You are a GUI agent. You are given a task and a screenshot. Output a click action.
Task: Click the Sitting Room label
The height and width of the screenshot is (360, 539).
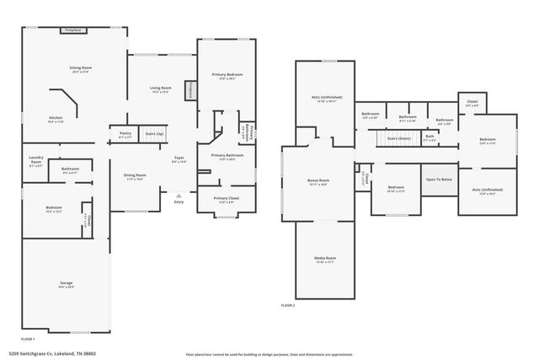pos(80,67)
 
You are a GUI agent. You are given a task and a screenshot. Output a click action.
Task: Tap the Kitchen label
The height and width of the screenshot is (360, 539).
pos(56,118)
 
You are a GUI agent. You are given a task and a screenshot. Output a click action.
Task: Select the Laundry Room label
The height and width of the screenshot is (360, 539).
pos(35,159)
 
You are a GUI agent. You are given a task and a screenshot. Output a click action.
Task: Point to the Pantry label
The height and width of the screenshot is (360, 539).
pos(125,133)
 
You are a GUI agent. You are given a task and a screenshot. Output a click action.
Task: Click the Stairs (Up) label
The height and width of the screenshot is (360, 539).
pos(155,133)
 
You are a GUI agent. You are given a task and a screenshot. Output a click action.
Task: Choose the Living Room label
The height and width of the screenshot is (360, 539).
pos(161,88)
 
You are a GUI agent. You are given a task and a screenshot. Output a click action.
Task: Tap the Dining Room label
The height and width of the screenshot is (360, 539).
pos(136,175)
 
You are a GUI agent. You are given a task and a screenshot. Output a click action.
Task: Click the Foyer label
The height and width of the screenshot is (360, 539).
pos(179,158)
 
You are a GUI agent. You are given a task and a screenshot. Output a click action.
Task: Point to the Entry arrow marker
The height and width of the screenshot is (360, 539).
pos(179,194)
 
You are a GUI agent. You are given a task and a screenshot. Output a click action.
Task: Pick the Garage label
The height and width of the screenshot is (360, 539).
pos(66,282)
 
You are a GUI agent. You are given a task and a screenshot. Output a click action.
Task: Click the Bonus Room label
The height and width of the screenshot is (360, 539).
pos(318,180)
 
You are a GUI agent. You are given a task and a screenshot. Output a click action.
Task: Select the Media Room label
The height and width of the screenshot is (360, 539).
pos(325,258)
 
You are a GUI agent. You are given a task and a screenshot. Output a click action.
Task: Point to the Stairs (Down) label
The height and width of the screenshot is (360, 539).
pos(398,138)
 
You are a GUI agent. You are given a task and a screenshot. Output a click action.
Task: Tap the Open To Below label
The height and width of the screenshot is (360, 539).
pos(439,179)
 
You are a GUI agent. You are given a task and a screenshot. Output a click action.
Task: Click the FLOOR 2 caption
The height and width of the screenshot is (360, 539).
pos(288,304)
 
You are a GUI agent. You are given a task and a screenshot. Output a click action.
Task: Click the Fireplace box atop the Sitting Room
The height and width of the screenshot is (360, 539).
pos(73,30)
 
